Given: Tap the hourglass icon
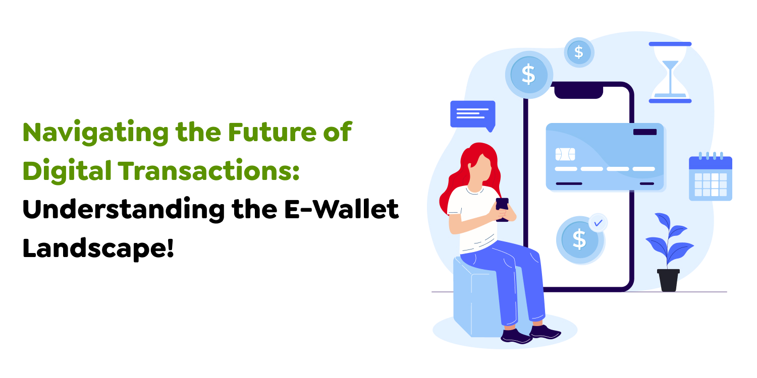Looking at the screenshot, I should [670, 73].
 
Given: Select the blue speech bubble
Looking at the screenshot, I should [472, 114].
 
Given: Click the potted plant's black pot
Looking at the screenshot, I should [668, 280].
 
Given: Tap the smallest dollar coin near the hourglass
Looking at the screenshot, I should [579, 52].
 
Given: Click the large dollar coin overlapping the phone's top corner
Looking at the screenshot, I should [528, 75].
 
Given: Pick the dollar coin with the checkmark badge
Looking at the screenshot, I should [579, 240].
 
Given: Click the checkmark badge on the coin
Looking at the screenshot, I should [598, 222].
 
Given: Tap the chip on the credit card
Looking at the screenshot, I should [565, 154].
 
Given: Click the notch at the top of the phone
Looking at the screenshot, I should [578, 92].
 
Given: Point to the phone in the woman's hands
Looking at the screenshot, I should [502, 208].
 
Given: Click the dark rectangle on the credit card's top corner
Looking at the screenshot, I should [644, 132].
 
